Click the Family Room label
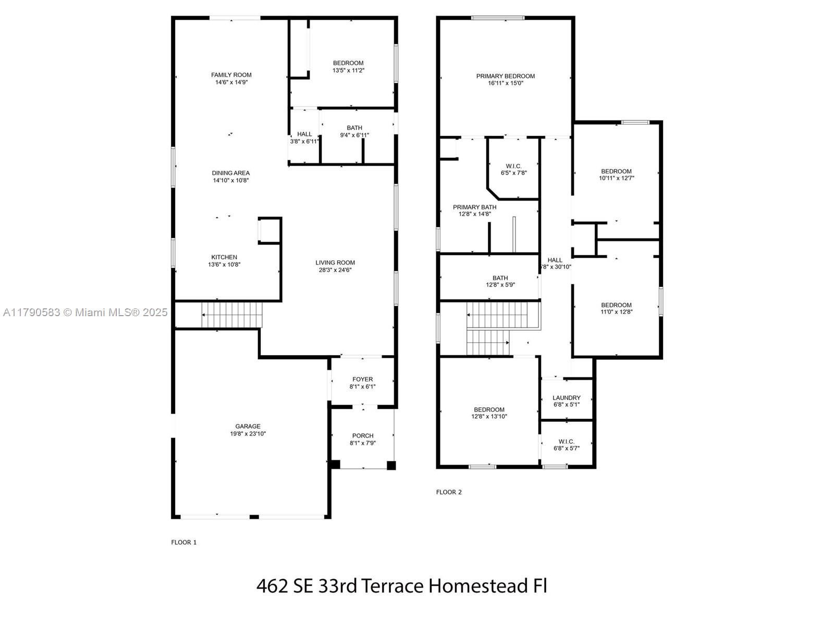[231, 75]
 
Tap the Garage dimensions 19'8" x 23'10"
[248, 433]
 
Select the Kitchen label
[224, 257]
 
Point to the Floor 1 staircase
[231, 315]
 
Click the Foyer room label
[362, 379]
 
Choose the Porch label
[362, 435]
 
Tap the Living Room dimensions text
[335, 270]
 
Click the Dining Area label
[230, 173]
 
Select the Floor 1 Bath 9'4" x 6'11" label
[354, 128]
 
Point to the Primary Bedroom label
[505, 76]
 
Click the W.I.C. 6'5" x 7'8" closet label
[513, 167]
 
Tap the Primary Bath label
[474, 207]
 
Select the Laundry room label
[566, 398]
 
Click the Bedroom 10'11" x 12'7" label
[616, 171]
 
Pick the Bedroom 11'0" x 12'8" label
[616, 305]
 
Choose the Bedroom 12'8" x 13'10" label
[489, 410]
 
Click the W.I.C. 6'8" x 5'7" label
[566, 442]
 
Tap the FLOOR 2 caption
[449, 492]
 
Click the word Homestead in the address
[478, 586]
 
